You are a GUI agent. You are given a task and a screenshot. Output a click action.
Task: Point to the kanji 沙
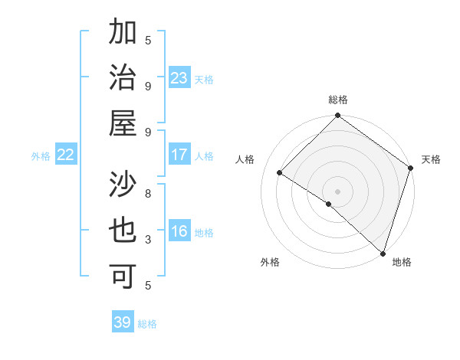coord(123,185)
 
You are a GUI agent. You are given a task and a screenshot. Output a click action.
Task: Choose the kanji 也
coord(123,231)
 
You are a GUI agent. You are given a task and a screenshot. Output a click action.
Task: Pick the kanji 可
coord(123,276)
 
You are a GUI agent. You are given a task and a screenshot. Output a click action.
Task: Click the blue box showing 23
coord(179,78)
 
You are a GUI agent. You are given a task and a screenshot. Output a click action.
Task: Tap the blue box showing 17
coord(179,155)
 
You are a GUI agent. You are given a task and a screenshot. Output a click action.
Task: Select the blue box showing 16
coord(179,232)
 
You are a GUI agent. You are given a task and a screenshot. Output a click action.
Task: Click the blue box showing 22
coord(66,155)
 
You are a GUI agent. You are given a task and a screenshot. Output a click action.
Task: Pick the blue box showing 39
coord(123,322)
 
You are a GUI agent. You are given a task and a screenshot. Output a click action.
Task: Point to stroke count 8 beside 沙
coord(148,194)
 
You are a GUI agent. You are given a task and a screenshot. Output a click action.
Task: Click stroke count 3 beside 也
coord(148,239)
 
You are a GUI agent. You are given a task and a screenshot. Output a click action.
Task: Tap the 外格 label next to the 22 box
coord(41,156)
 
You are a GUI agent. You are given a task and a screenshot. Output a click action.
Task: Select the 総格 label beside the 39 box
coord(148,324)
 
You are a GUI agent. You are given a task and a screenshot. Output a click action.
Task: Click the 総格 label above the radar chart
coord(337,100)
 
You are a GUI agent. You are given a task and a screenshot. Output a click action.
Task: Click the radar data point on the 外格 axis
coord(329,204)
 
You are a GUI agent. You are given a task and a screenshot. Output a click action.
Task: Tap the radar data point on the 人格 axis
coord(280,173)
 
